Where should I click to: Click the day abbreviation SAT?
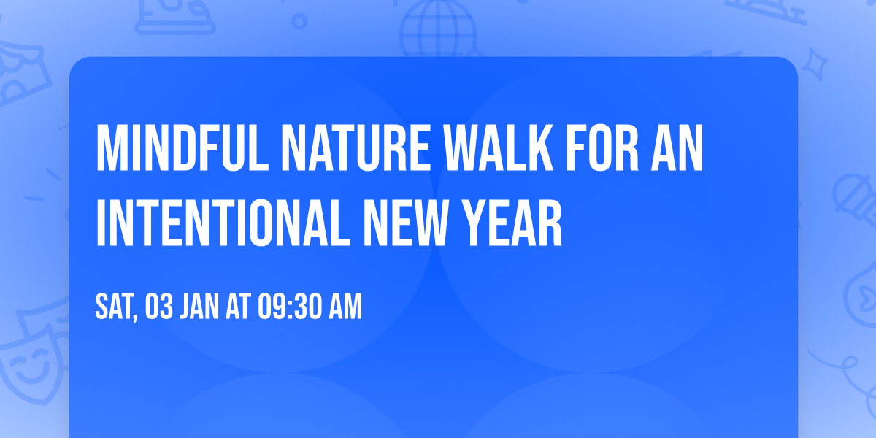point(114,307)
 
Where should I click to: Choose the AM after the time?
point(345,307)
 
